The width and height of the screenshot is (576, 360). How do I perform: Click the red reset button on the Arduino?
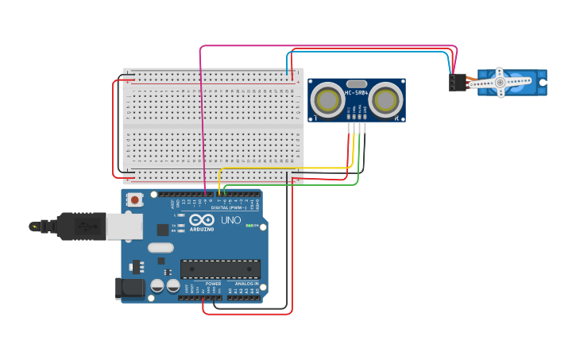[x=135, y=200]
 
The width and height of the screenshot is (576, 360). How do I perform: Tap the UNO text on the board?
[x=230, y=220]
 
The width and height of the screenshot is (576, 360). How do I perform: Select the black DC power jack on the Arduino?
[x=130, y=288]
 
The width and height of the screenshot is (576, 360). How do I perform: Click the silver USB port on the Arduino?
[x=124, y=226]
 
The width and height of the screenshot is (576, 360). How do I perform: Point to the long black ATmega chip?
[x=220, y=269]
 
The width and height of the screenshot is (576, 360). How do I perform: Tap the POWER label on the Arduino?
[x=213, y=284]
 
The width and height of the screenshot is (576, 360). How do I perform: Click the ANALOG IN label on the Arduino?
[x=245, y=284]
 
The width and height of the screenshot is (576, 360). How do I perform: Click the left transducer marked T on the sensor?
[x=327, y=100]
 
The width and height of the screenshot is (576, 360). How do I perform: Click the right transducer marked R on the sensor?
[x=385, y=100]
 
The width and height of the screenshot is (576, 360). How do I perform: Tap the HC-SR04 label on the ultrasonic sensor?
[x=356, y=94]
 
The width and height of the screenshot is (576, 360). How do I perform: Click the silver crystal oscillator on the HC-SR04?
[x=356, y=83]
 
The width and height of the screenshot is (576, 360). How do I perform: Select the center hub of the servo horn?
[x=500, y=82]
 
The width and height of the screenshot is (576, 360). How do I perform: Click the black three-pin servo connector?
[x=458, y=82]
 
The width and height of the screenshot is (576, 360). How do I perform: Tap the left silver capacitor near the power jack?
[x=157, y=285]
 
